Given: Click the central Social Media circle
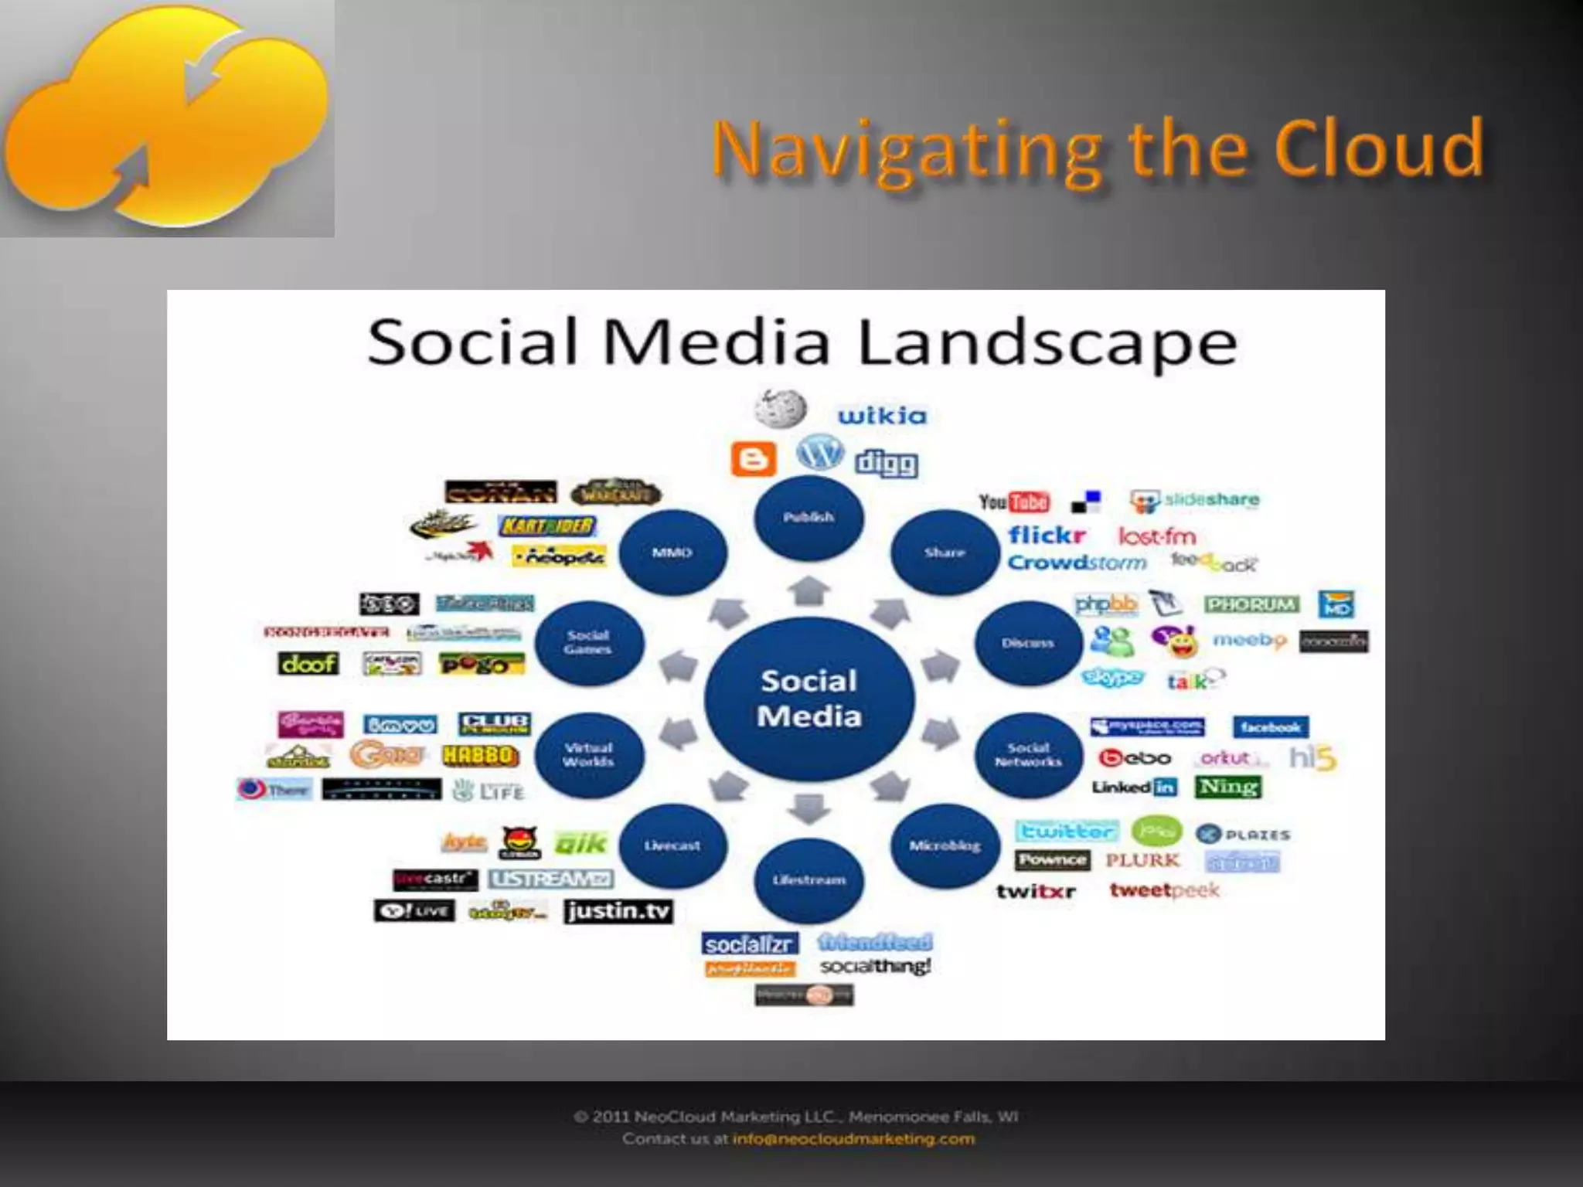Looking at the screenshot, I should click(809, 699).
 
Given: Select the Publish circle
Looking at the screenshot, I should click(809, 517).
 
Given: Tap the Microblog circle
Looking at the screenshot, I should click(945, 845).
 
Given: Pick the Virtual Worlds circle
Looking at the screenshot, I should click(589, 755).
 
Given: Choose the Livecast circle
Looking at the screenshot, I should click(672, 845).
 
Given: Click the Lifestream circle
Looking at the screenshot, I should click(809, 880).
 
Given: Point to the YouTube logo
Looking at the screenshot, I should click(1014, 502).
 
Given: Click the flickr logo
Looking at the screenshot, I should click(1047, 535).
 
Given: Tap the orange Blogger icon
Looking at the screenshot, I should click(753, 460).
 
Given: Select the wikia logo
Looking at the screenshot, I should click(882, 416).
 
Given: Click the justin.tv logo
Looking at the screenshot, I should click(618, 911).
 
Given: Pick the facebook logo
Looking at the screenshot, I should click(1270, 726).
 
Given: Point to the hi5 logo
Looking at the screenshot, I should click(1312, 758).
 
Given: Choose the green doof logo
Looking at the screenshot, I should click(308, 663).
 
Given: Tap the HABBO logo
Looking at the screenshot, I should click(480, 755).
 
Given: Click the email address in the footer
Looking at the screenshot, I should click(853, 1138).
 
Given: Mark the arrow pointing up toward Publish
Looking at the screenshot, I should click(809, 591).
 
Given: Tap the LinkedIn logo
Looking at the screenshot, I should click(1134, 787).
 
